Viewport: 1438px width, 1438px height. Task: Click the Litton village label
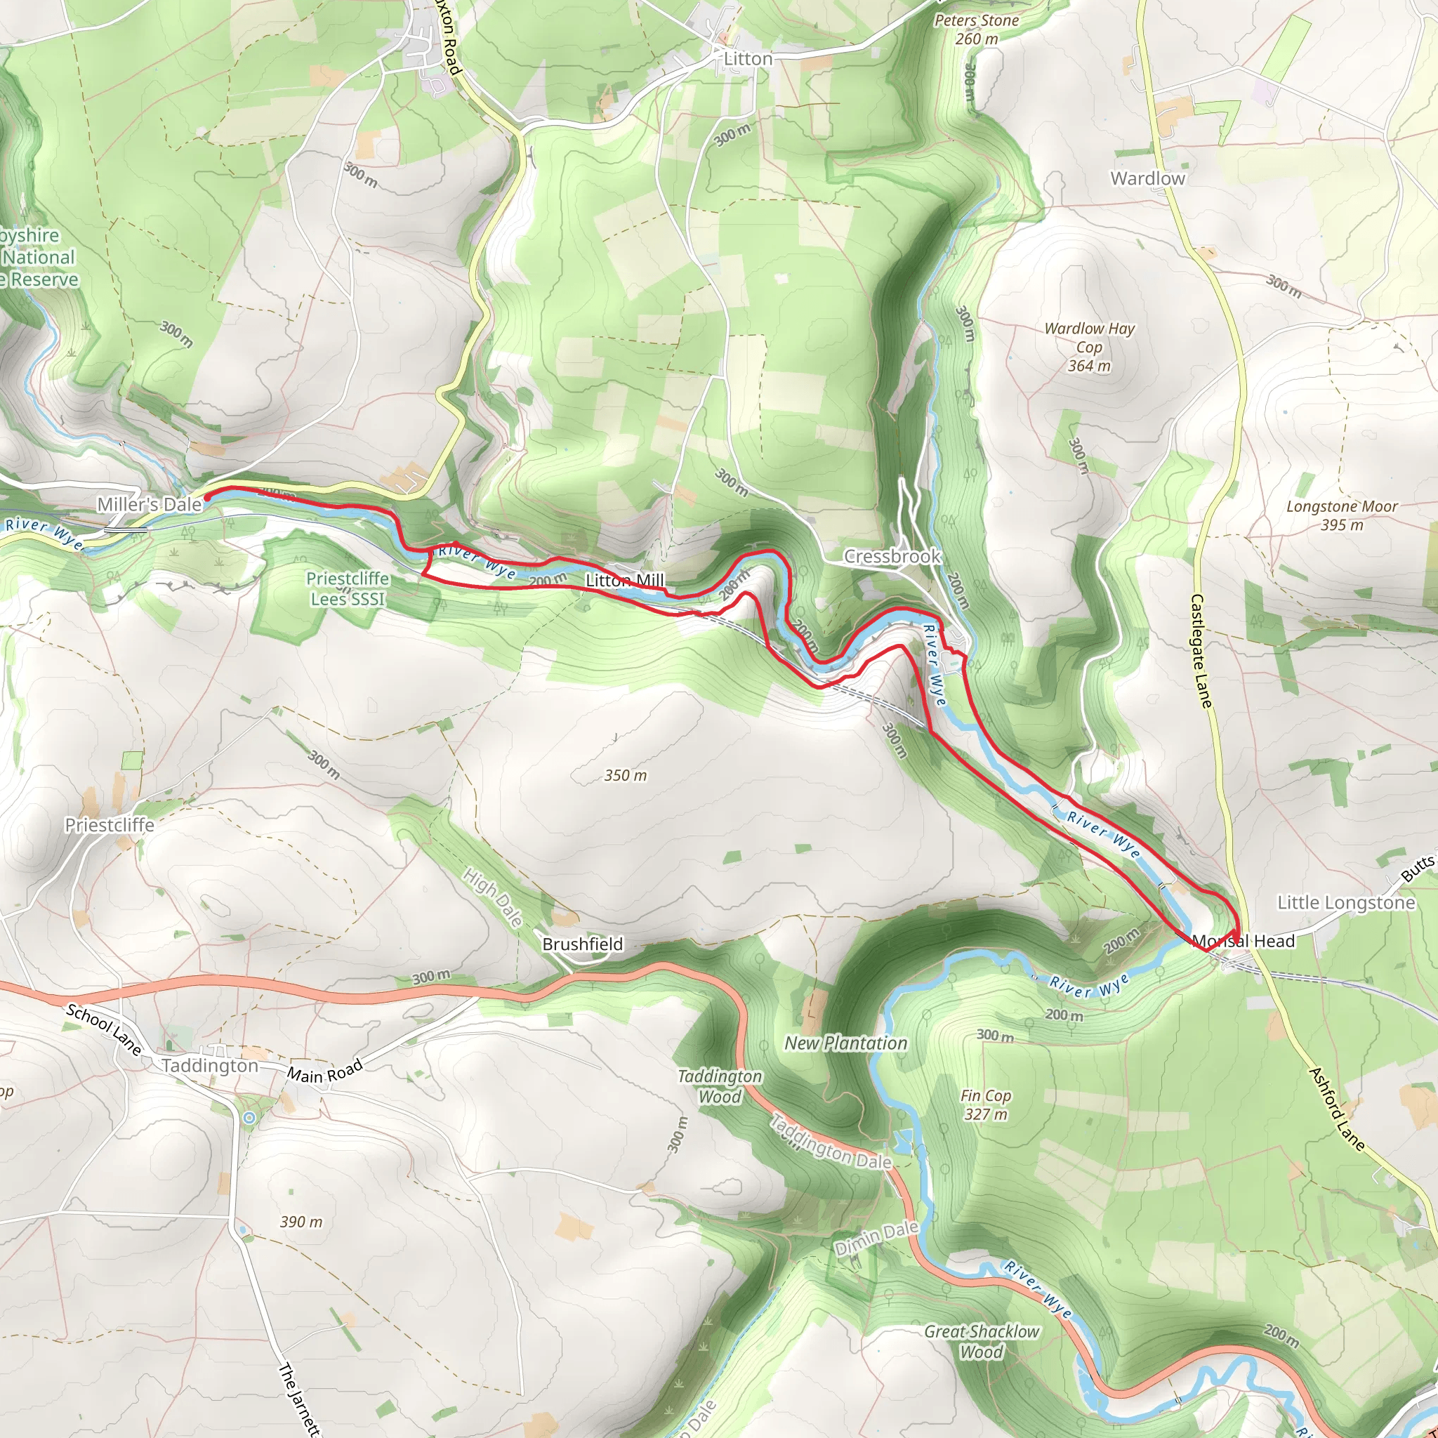click(748, 59)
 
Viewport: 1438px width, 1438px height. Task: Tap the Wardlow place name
click(1147, 178)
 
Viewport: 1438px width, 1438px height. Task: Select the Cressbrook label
click(892, 556)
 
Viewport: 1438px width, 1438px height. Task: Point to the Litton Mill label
click(624, 580)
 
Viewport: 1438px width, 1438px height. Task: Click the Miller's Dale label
click(150, 505)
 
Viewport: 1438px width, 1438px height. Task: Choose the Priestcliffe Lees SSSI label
click(348, 588)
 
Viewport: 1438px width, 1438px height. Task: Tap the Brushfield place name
click(582, 944)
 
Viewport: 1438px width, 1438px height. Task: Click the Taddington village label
click(209, 1066)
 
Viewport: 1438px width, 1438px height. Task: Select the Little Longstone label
click(1346, 903)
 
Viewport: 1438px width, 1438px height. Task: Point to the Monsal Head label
click(1243, 941)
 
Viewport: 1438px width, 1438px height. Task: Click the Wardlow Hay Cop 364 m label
click(1089, 347)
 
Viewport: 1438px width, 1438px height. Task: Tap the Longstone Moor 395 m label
click(1342, 516)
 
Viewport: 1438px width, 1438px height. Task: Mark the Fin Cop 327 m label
click(984, 1104)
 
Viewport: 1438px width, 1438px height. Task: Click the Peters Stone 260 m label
click(977, 29)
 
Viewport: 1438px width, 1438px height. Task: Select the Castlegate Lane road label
click(1201, 650)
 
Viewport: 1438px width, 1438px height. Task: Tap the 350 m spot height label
click(625, 776)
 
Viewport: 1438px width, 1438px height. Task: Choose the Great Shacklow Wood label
click(981, 1341)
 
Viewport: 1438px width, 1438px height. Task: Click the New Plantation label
click(845, 1043)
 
